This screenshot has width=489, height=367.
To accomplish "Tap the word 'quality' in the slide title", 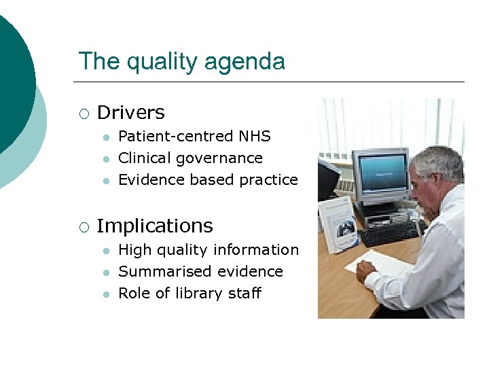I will point(162,62).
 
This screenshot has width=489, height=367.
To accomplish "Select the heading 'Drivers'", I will point(131,112).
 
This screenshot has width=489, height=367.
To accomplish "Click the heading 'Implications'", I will point(155,226).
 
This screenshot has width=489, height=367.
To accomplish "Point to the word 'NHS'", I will point(255,136).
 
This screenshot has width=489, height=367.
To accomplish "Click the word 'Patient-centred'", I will point(176,136).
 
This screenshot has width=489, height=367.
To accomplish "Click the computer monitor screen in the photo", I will point(380,169).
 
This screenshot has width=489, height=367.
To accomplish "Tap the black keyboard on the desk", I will point(389,232).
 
